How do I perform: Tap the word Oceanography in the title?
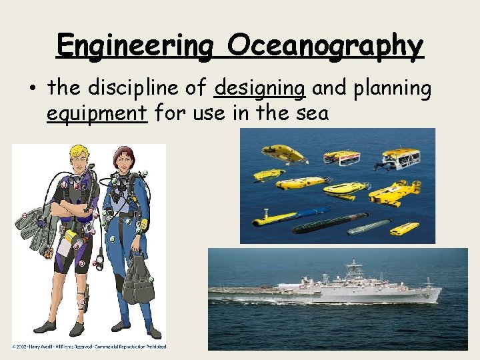pos(325,46)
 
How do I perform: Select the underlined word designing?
pos(260,88)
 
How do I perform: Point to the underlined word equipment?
pos(96,113)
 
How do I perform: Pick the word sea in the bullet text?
pos(313,113)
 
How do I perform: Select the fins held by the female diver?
pos(140,273)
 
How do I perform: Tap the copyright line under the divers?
pos(89,346)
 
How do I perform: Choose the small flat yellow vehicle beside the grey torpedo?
pos(404,229)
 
